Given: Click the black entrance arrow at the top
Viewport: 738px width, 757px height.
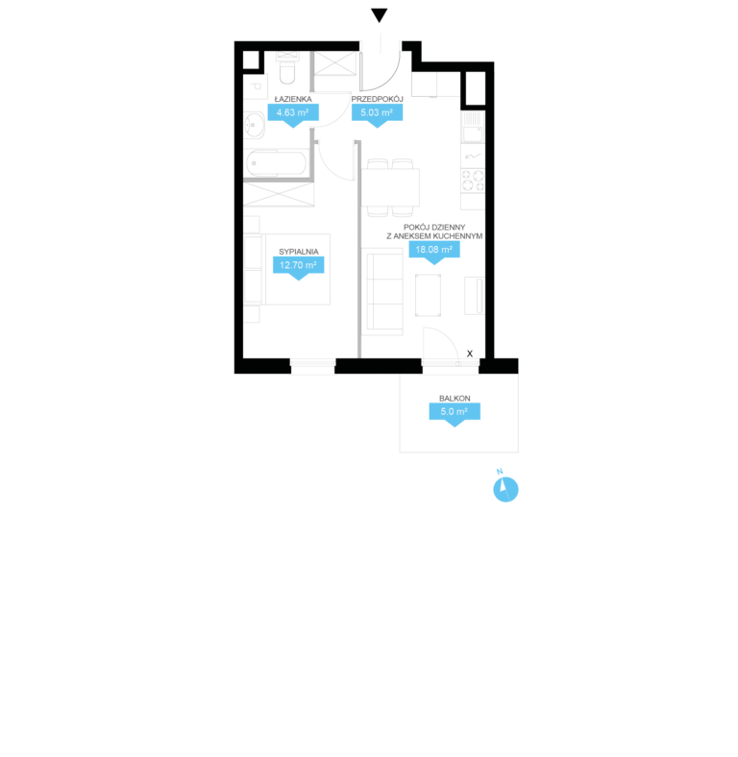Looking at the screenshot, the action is point(380,15).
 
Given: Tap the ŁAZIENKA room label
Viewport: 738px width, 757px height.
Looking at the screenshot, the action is point(293,99).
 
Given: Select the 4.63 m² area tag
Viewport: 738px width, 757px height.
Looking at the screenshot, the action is point(293,115).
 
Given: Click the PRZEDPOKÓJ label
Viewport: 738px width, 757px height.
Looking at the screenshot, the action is point(378,99).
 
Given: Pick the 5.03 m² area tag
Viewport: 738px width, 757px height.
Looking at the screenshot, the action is point(378,115).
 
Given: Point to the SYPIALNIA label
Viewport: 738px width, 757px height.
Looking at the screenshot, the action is point(299,252).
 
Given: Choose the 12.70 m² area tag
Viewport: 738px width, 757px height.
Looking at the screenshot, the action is point(299,267).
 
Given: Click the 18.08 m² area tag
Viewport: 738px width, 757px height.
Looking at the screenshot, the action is point(434,252).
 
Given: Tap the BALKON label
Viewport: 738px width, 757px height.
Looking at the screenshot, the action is point(455,399).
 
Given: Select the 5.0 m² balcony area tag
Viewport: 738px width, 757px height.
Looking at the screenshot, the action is point(455,414).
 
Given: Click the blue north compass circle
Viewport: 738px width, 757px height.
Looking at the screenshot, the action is point(505,490).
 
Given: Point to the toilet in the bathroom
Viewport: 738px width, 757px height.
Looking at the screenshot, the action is point(287,68).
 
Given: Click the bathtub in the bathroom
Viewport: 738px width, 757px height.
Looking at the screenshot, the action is point(276,163).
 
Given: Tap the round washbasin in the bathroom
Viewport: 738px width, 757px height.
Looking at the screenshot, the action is point(254,126).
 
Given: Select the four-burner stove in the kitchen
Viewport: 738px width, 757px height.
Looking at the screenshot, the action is point(473,181).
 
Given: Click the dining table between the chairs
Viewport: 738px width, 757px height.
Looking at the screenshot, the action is point(391,186).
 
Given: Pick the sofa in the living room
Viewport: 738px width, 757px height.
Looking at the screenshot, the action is point(382,292).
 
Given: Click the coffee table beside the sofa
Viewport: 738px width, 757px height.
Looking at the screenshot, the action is point(428,295).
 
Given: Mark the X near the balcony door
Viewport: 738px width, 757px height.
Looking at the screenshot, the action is point(470,354).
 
